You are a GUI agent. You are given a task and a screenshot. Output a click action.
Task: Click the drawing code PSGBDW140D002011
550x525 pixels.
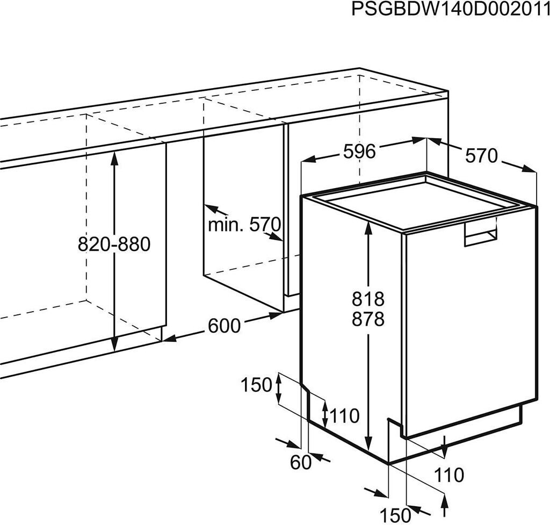[450, 10]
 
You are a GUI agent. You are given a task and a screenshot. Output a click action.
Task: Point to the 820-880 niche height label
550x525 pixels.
[114, 244]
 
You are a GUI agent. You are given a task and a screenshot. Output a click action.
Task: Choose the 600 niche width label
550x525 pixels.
[225, 326]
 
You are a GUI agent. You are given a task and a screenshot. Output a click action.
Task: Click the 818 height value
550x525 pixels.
[368, 298]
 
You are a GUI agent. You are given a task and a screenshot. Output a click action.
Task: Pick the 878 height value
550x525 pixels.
[368, 320]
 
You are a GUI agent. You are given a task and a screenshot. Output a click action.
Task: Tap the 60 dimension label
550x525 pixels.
[301, 462]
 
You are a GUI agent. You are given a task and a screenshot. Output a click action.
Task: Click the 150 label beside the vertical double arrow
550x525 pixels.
[256, 385]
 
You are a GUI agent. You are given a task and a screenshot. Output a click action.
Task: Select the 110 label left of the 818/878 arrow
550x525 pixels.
[344, 415]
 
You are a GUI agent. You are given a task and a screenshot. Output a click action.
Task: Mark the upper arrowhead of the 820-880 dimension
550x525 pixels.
[114, 156]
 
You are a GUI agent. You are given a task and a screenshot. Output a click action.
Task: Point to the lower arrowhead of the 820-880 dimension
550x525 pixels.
[114, 347]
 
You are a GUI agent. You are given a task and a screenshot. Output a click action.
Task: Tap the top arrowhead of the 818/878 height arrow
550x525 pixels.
[368, 226]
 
